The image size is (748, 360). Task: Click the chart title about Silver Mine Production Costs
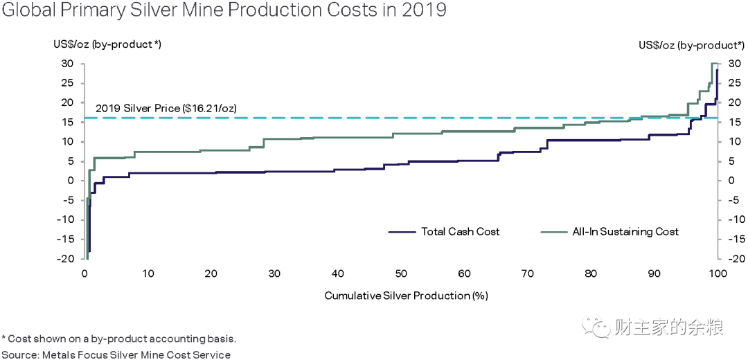point(224,10)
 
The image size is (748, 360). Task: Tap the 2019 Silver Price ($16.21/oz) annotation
point(166,108)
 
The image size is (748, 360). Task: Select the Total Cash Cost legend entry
point(444,232)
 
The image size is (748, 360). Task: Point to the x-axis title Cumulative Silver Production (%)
point(406,296)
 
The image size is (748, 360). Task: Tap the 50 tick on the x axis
point(401,273)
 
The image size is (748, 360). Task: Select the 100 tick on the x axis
point(717,273)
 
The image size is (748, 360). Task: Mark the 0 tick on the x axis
point(84,273)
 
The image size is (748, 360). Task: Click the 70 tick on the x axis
point(527,273)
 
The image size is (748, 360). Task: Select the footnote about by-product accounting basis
point(119,339)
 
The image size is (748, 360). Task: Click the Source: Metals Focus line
point(116,354)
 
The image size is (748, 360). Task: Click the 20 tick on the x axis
point(211,273)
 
